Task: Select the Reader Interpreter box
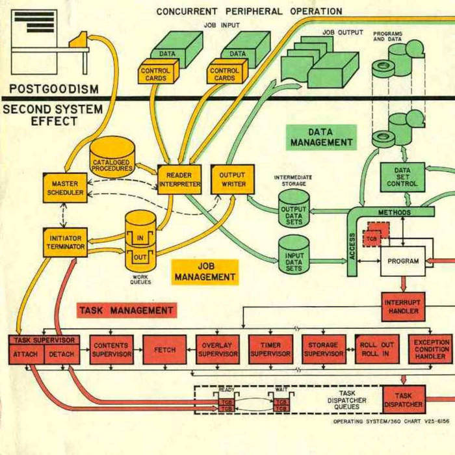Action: pyautogui.click(x=179, y=179)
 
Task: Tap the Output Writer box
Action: pyautogui.click(x=232, y=179)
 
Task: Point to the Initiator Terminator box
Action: pyautogui.click(x=65, y=242)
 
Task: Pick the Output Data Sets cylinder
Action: pyautogui.click(x=294, y=210)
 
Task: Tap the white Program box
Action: pyautogui.click(x=403, y=261)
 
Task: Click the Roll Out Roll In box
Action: pyautogui.click(x=377, y=350)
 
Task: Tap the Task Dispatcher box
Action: pyautogui.click(x=404, y=399)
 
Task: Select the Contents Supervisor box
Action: pyautogui.click(x=111, y=350)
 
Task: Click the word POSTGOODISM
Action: pyautogui.click(x=54, y=88)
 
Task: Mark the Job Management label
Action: pyautogui.click(x=205, y=272)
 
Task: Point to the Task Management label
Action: pyautogui.click(x=127, y=310)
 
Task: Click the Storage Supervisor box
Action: pyautogui.click(x=323, y=350)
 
